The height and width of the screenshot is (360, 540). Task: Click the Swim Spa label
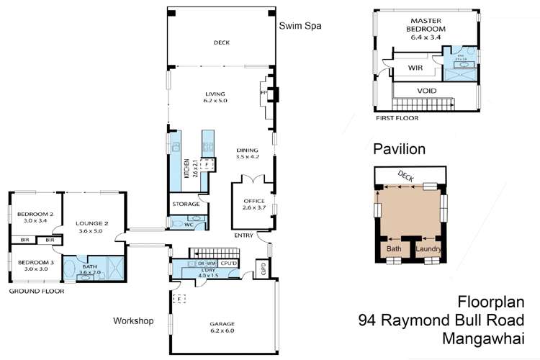pos(300,26)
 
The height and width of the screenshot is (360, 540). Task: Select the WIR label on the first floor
pos(415,68)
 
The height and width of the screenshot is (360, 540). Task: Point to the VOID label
pos(426,91)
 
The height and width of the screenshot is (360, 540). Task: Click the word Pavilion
pos(399,150)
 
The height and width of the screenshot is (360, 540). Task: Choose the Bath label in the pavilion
pos(394,248)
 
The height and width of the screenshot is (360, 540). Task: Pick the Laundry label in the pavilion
pos(428,248)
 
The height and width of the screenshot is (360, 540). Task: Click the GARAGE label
pos(221,324)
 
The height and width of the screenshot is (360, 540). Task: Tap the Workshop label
pos(134,320)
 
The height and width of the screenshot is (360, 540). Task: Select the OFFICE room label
pos(252,202)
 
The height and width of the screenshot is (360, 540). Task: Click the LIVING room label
pos(215,94)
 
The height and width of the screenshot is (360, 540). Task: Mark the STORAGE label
pos(186,204)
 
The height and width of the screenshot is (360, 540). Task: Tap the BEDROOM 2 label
pos(35,214)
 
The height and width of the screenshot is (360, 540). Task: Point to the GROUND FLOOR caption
pos(36,292)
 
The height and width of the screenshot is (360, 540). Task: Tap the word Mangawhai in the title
pos(485,337)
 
